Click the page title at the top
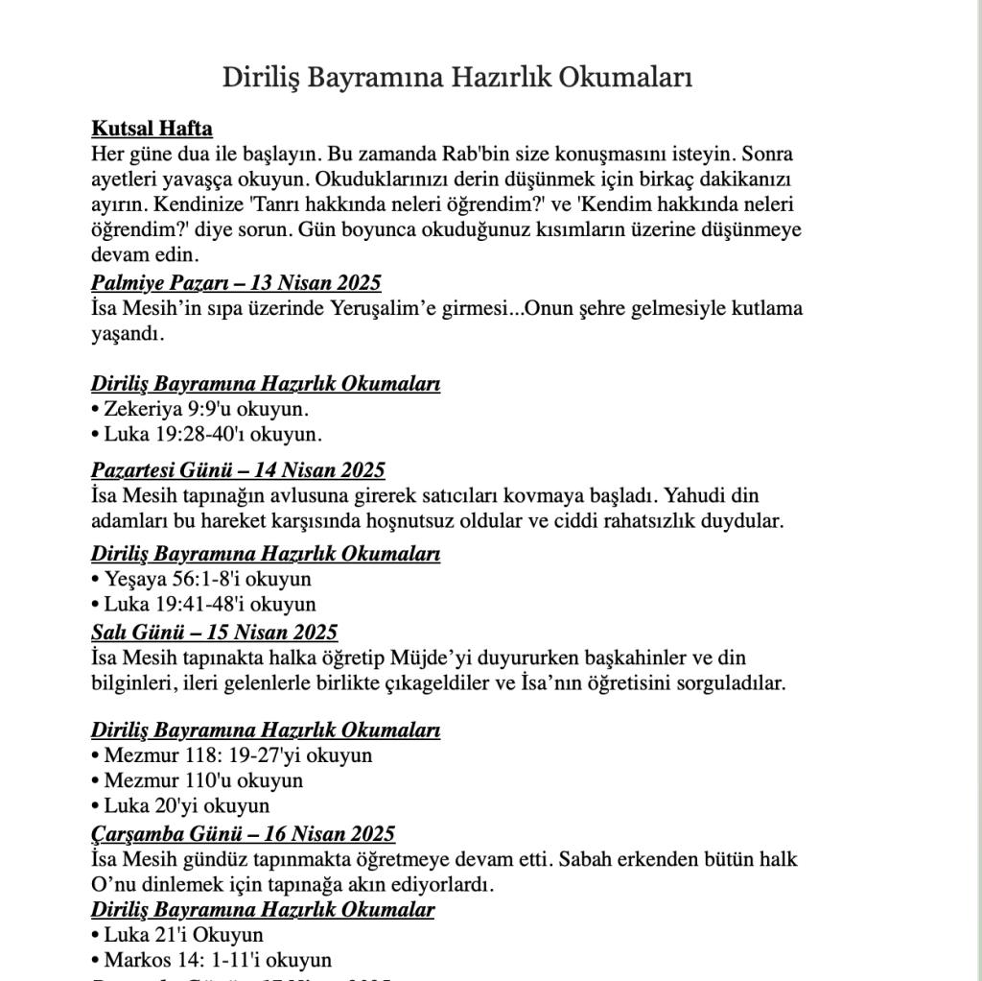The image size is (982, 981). pos(457,77)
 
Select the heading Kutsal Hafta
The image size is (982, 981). pos(152,129)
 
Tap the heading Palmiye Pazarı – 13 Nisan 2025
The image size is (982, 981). pos(236,282)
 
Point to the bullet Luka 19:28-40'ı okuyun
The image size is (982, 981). pos(206,434)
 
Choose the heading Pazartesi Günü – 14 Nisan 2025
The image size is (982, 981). pos(238,470)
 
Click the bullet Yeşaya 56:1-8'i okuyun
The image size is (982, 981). pos(201,580)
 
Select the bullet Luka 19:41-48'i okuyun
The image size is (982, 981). pos(203,605)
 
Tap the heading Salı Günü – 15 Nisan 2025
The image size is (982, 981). pos(214,632)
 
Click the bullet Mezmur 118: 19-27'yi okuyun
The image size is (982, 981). pos(231,755)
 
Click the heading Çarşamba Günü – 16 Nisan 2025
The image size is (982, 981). pos(243,833)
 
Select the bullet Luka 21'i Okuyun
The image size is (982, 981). pos(177,935)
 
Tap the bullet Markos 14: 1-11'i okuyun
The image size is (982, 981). pos(211,960)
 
